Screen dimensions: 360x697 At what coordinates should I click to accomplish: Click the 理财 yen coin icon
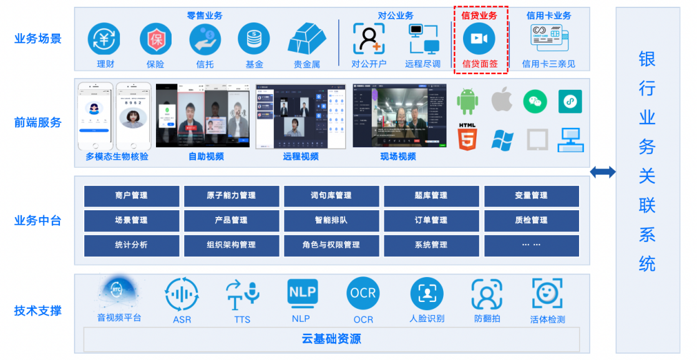(104, 39)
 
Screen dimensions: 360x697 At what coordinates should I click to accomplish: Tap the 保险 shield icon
(155, 39)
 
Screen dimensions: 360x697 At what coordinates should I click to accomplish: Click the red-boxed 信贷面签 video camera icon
(479, 39)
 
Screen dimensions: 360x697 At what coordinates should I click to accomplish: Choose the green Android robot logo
(467, 102)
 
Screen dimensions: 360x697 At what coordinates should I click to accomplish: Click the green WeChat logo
(535, 101)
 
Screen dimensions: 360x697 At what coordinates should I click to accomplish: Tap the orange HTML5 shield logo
(467, 138)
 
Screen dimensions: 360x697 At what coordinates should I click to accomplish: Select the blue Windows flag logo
(502, 140)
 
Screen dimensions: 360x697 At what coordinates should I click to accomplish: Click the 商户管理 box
(132, 196)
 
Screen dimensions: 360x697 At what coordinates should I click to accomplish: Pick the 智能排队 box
(331, 220)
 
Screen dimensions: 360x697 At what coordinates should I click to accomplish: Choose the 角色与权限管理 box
(331, 245)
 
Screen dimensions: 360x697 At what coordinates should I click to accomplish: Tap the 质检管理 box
(531, 220)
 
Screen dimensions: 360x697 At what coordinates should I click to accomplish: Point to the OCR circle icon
(363, 293)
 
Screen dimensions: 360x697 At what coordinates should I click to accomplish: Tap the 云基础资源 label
(331, 339)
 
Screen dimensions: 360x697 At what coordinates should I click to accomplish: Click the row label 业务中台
(38, 220)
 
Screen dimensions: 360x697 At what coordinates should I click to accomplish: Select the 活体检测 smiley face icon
(547, 293)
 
